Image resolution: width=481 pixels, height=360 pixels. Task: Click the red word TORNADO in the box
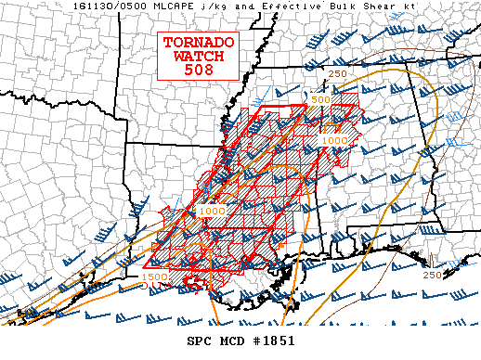[200, 43]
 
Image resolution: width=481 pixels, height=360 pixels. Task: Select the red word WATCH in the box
[200, 56]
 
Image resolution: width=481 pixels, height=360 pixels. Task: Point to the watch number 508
[200, 69]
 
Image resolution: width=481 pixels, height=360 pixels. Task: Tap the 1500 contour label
[154, 276]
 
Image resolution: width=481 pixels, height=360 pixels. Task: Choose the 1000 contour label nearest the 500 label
[334, 139]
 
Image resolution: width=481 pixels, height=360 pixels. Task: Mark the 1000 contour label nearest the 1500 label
[211, 212]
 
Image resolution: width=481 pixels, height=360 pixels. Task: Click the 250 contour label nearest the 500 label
[337, 74]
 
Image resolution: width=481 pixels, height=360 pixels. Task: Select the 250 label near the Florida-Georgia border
[432, 275]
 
